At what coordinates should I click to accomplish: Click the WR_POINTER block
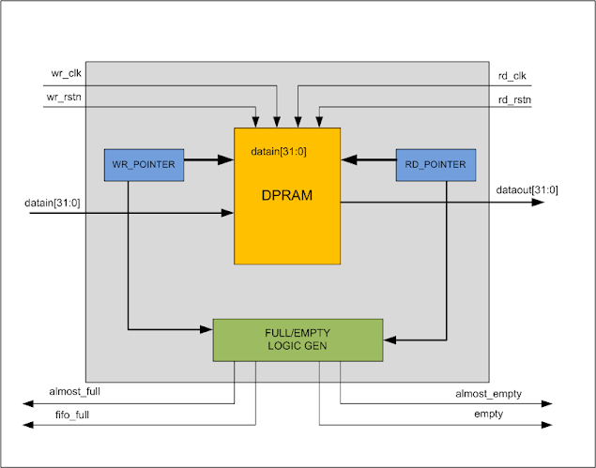coord(144,165)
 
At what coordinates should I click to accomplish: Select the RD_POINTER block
coord(436,165)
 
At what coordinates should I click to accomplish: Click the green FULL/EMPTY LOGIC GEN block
coord(298,340)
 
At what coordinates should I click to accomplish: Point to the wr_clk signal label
coord(65,73)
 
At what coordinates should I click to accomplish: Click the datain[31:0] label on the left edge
coord(53,202)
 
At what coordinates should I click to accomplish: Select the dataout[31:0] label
coord(527,190)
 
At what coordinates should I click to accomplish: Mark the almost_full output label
coord(75,390)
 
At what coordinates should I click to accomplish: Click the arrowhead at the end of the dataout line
coord(538,201)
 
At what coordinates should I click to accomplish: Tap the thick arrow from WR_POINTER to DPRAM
coord(208,160)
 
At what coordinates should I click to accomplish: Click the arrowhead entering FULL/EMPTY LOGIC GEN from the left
coord(207,329)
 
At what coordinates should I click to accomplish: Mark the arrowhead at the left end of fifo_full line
coord(28,425)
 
